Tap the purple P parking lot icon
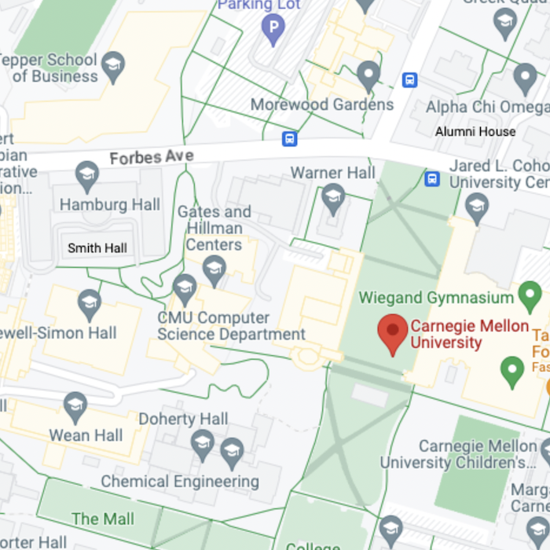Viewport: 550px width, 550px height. click(272, 31)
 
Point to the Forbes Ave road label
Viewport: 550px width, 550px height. click(152, 157)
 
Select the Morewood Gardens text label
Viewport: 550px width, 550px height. click(322, 104)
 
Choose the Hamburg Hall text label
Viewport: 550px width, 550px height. click(110, 205)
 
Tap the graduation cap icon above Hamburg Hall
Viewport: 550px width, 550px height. click(87, 175)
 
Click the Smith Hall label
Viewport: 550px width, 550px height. click(97, 248)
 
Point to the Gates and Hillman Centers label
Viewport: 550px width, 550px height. click(214, 228)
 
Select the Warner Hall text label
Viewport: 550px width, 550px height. click(333, 172)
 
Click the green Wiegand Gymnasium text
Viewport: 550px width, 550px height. click(435, 298)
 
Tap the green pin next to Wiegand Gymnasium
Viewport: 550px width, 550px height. click(530, 297)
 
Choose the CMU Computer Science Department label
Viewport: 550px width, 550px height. click(231, 326)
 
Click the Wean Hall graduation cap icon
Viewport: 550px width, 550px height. click(75, 406)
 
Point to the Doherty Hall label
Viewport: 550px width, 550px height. click(183, 419)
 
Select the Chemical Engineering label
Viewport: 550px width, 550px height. click(180, 482)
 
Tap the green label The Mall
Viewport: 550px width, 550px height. click(103, 519)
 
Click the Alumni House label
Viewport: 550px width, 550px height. click(475, 132)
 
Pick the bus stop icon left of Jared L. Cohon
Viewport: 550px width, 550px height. click(431, 179)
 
